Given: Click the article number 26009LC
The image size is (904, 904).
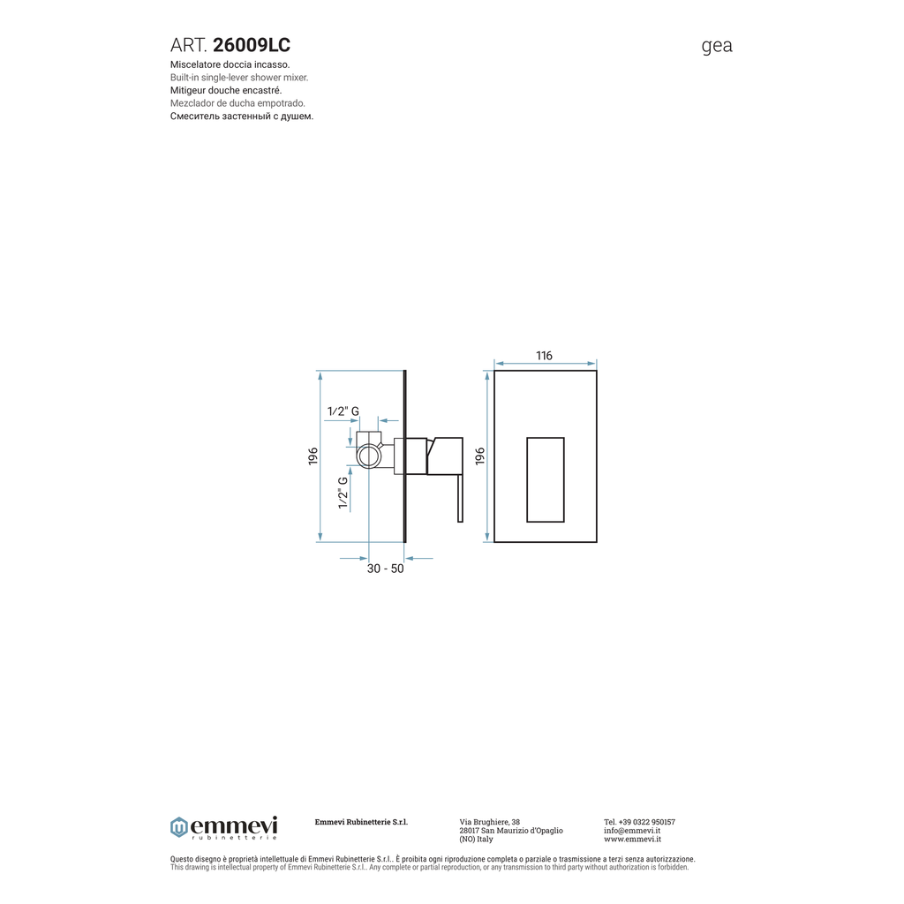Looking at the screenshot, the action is pyautogui.click(x=252, y=45).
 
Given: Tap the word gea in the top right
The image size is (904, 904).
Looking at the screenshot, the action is pyautogui.click(x=717, y=46).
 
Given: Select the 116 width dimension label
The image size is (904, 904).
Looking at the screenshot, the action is pyautogui.click(x=544, y=356).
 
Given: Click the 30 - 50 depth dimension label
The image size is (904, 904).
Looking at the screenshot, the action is pyautogui.click(x=385, y=569).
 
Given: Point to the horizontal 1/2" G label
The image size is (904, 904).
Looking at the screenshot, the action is pyautogui.click(x=343, y=411).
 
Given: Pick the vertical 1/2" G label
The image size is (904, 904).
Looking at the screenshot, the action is pyautogui.click(x=343, y=493).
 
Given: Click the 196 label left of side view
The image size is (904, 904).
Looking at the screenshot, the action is pyautogui.click(x=313, y=456).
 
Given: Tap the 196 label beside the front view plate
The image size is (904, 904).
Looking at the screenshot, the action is pyautogui.click(x=480, y=456).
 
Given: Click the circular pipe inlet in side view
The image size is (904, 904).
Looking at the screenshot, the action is pyautogui.click(x=368, y=456).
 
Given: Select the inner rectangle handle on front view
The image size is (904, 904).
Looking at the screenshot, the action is pyautogui.click(x=546, y=479).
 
